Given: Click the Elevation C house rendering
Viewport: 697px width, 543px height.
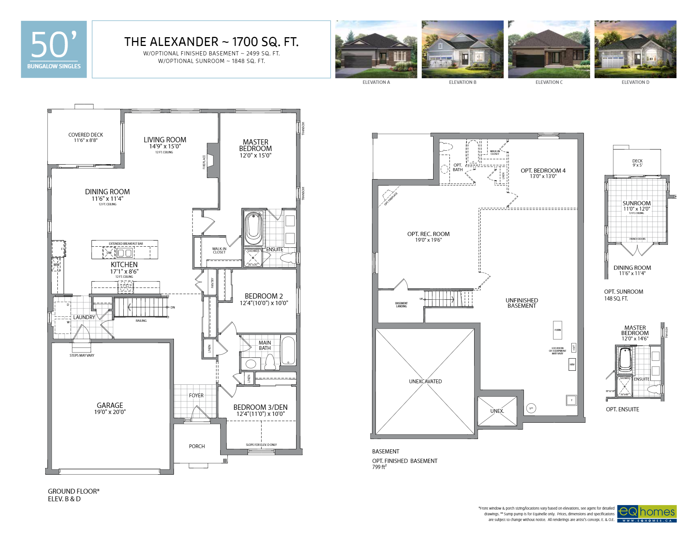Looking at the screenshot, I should (549, 49).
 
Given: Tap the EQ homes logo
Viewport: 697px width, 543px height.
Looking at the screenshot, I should (647, 513).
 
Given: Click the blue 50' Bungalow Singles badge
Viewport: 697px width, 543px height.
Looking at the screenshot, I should (54, 49).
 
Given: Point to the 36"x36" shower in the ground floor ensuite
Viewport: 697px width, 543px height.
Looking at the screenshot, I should (253, 258).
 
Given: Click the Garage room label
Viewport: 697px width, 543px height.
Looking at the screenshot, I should (110, 405).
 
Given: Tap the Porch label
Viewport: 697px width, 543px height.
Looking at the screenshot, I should (197, 446).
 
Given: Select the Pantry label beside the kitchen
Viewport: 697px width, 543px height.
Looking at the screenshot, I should (212, 283).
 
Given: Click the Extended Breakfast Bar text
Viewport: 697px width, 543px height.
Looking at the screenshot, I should (126, 244).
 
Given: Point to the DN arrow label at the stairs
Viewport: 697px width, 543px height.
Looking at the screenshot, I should (173, 307).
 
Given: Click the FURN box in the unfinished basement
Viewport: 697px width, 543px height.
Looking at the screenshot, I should (557, 330).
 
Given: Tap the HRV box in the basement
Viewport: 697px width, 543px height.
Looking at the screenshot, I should (572, 365).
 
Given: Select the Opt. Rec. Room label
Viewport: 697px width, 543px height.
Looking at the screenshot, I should (428, 234).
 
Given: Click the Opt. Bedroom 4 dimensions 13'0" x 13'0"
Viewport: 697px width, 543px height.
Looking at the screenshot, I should (543, 176).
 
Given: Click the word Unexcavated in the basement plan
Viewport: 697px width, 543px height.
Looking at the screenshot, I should (425, 381).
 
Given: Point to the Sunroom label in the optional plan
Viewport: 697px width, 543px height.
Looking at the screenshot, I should (636, 203).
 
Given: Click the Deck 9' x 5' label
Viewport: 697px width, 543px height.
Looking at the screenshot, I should (637, 163).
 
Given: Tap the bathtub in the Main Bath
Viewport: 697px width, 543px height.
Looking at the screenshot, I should (288, 350).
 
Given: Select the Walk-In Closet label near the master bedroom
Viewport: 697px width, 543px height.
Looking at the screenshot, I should (219, 250).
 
